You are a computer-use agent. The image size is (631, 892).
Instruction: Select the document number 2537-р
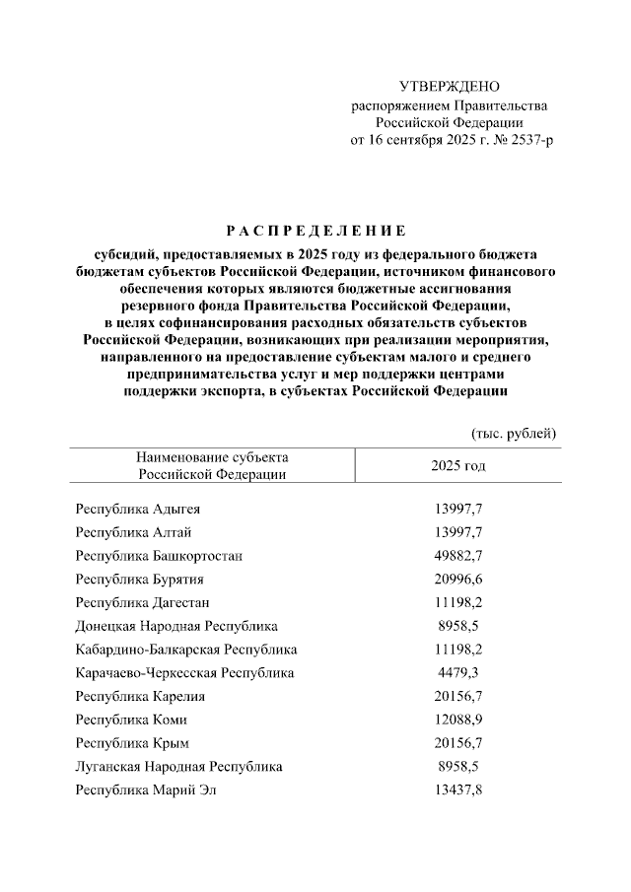click(x=531, y=140)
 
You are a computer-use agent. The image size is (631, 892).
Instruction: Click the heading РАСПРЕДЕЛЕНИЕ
click(x=315, y=233)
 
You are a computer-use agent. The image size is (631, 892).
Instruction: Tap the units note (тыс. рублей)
click(x=515, y=433)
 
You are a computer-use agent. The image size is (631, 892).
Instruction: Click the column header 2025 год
click(x=457, y=465)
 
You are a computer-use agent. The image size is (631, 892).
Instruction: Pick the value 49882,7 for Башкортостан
click(x=456, y=556)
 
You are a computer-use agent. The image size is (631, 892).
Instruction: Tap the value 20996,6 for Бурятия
click(x=456, y=580)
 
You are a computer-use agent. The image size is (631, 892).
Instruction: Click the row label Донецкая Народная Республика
click(x=176, y=626)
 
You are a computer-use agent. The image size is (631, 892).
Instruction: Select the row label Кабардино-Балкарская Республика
click(x=186, y=650)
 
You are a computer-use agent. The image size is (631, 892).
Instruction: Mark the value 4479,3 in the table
click(x=459, y=673)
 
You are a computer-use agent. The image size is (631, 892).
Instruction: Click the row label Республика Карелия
click(x=139, y=696)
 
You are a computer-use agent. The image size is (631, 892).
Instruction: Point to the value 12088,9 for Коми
click(x=456, y=720)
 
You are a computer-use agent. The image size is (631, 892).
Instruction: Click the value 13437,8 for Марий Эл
click(x=456, y=789)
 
